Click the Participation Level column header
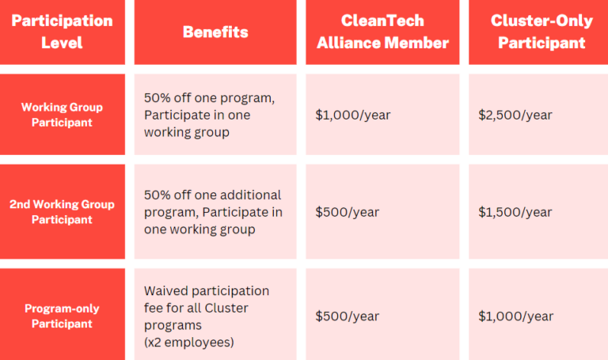point(62,32)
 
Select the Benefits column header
point(215,32)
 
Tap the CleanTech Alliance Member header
point(382,32)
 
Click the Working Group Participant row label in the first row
point(62,115)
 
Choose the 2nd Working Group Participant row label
point(62,211)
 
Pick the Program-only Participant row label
point(62,316)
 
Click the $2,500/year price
point(515,115)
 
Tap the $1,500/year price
point(515,212)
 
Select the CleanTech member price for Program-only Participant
point(347,316)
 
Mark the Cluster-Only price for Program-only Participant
point(515,316)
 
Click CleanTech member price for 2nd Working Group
point(347,212)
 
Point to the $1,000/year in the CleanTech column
point(352,115)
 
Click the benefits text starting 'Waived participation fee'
point(206,308)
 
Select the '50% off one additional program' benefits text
point(212,195)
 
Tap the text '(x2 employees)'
point(188,342)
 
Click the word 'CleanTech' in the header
point(382,21)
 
